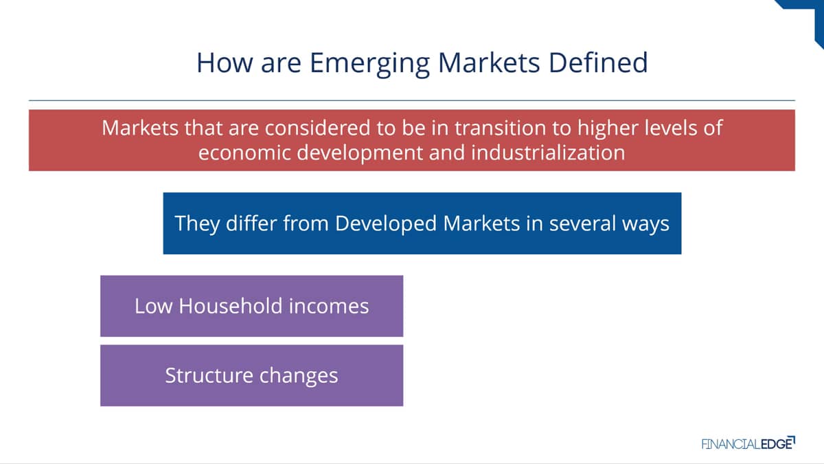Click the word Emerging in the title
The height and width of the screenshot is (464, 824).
(370, 64)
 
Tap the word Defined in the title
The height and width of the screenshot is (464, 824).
(598, 63)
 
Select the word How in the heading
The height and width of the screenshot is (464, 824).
(225, 63)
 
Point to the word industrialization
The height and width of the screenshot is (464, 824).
(548, 153)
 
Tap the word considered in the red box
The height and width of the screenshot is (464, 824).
(317, 128)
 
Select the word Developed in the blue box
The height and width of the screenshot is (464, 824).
(386, 224)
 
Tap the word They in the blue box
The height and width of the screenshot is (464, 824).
(197, 224)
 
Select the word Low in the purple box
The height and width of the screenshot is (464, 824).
(153, 306)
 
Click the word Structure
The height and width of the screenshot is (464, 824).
(209, 375)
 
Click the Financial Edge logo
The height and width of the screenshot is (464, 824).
(748, 443)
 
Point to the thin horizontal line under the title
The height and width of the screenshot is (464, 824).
(412, 100)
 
